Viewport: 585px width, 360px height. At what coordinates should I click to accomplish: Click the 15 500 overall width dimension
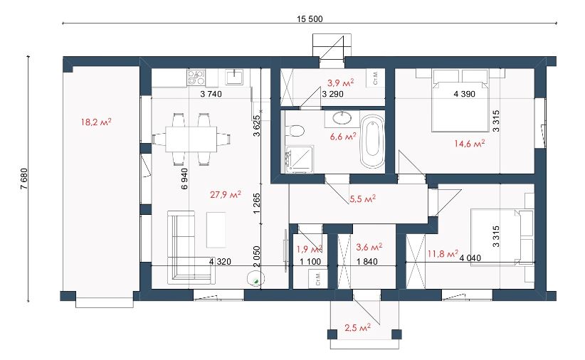click(x=310, y=19)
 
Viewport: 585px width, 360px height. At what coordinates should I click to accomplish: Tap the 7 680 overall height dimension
click(x=24, y=179)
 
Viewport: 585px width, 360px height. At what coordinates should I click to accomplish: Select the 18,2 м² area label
click(x=96, y=122)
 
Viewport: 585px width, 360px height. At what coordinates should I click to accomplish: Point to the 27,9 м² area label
click(x=226, y=194)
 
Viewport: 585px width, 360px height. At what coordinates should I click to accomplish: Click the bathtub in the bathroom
click(x=372, y=141)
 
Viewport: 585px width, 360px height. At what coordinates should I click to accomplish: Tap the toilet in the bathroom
click(x=295, y=131)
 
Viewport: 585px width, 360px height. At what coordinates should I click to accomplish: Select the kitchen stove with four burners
click(x=196, y=78)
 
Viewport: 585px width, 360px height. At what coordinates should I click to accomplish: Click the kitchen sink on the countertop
click(x=234, y=77)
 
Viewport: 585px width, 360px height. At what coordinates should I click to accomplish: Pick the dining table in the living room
click(x=191, y=139)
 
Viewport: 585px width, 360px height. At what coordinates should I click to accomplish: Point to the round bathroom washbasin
click(x=342, y=118)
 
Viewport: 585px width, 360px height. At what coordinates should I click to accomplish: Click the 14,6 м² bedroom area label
click(x=469, y=143)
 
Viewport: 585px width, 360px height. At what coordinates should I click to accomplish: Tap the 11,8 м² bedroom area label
click(x=443, y=254)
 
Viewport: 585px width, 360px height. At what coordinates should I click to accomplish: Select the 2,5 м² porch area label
click(x=357, y=328)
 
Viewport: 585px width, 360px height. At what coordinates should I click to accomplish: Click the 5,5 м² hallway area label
click(x=362, y=198)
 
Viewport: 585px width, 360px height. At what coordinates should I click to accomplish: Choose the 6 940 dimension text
click(x=184, y=179)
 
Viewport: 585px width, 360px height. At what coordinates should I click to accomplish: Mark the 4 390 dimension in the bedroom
click(x=465, y=94)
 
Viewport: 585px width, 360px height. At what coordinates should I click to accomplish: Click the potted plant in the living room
click(x=256, y=279)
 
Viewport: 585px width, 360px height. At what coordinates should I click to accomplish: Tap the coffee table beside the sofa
click(x=216, y=230)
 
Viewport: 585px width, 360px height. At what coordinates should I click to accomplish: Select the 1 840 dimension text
click(x=367, y=262)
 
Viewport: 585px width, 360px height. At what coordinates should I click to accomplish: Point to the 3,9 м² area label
click(x=341, y=83)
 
